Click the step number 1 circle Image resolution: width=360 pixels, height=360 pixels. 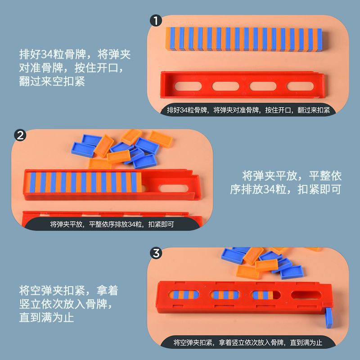(x=156, y=21)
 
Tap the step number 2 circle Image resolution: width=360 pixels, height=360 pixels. (x=20, y=135)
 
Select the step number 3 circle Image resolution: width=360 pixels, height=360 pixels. (x=156, y=253)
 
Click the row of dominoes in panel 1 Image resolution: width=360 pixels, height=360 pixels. (x=243, y=39)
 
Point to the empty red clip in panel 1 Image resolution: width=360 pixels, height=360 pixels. (x=242, y=85)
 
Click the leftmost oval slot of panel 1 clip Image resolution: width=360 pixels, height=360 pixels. (x=188, y=86)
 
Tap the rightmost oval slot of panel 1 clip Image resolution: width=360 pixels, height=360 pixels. (x=300, y=86)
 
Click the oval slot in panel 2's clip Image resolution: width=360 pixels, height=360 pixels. (x=173, y=189)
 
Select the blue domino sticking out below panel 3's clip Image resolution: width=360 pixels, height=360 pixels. (x=329, y=318)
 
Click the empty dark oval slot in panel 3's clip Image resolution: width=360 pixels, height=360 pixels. (x=306, y=295)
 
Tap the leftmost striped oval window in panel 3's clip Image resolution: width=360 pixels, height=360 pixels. (x=183, y=295)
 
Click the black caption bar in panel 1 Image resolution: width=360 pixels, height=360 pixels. (x=248, y=110)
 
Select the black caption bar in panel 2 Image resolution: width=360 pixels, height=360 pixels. (x=112, y=224)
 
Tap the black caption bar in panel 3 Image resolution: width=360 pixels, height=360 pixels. (x=248, y=342)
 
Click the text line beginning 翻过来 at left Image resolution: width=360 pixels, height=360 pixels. (x=52, y=81)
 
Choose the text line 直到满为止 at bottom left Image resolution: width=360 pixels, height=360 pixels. (x=46, y=318)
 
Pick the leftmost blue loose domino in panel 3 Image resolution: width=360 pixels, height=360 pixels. (x=233, y=256)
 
